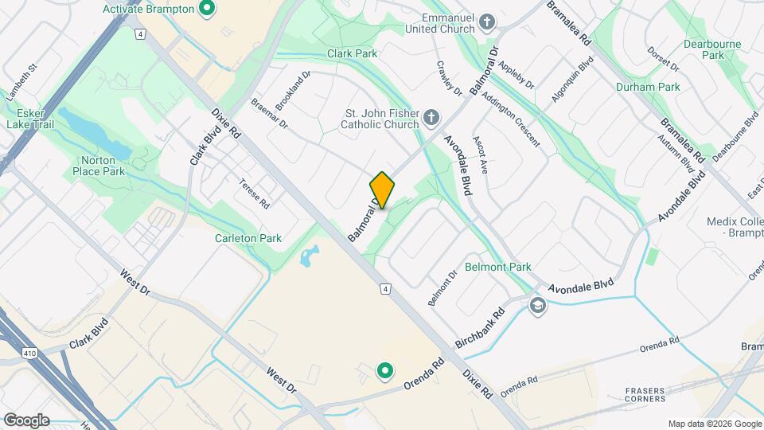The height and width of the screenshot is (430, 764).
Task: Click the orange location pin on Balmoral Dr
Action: click(x=382, y=190)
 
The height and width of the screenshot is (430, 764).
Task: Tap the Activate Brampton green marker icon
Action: click(x=208, y=10)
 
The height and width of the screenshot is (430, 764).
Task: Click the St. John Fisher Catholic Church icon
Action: click(x=431, y=119)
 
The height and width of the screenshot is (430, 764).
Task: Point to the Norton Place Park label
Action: click(x=98, y=165)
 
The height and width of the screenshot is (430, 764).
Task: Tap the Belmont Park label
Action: click(x=498, y=267)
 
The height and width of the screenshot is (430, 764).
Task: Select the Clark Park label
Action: click(x=352, y=53)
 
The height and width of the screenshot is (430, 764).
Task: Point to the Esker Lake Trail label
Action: click(x=29, y=119)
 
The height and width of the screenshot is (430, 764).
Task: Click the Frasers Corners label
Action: click(x=645, y=394)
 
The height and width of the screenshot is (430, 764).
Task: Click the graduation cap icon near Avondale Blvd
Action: click(x=538, y=305)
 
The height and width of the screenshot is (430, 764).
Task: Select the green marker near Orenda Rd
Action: click(x=384, y=370)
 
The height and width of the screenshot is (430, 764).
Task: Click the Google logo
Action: click(x=26, y=420)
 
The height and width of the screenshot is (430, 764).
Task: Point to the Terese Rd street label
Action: click(x=255, y=193)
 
